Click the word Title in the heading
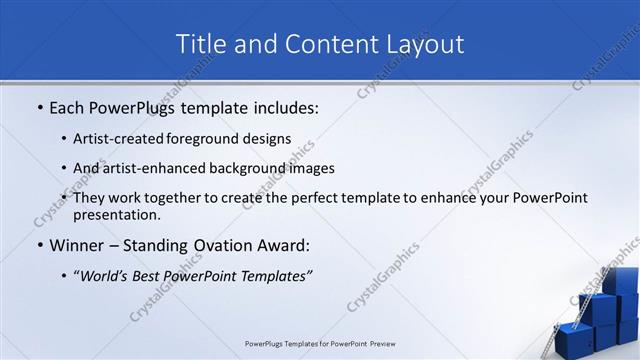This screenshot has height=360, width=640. point(202,44)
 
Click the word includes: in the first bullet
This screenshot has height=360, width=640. point(282,106)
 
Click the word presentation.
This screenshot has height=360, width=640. point(116,214)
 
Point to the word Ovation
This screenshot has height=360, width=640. point(217,245)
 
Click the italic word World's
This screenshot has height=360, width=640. point(108,275)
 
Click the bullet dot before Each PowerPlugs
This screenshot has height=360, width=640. point(39,107)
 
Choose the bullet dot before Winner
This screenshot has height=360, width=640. point(39,246)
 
